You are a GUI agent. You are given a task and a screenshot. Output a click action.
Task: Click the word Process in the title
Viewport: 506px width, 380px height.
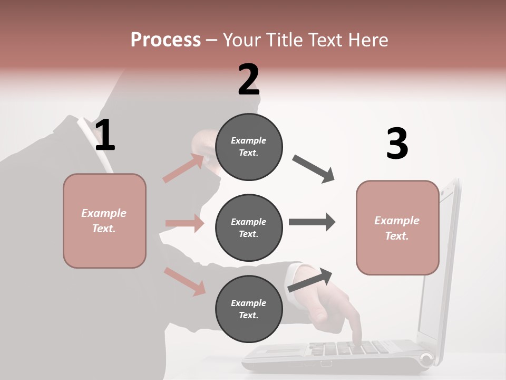click(x=166, y=40)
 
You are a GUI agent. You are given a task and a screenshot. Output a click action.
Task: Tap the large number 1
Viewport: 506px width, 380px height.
click(x=105, y=136)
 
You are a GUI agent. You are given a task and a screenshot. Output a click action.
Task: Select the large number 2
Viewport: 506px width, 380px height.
click(x=249, y=80)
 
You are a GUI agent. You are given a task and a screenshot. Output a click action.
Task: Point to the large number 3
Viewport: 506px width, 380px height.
click(x=397, y=144)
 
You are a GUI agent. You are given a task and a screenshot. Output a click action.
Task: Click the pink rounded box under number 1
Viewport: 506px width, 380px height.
click(x=104, y=221)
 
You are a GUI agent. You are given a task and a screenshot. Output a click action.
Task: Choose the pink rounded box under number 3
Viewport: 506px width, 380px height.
click(x=397, y=227)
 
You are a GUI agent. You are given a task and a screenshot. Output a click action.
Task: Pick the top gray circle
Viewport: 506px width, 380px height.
click(x=249, y=147)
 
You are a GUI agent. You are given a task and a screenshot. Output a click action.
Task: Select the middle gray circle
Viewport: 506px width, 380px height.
click(x=249, y=227)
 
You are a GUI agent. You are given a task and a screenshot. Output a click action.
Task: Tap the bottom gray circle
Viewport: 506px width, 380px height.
click(x=249, y=309)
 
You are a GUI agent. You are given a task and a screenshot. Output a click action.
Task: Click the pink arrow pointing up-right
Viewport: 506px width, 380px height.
click(x=183, y=168)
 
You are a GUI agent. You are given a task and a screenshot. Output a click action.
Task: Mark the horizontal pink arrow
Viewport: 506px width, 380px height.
click(x=184, y=223)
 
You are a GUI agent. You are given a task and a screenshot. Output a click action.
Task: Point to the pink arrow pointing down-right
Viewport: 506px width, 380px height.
click(x=184, y=281)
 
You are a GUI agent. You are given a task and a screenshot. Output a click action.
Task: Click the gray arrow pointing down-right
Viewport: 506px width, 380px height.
click(x=314, y=169)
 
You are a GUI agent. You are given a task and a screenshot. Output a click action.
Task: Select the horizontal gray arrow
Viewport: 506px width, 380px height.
click(x=312, y=222)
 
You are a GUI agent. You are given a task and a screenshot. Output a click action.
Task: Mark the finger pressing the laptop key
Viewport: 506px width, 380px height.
click(x=358, y=338)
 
